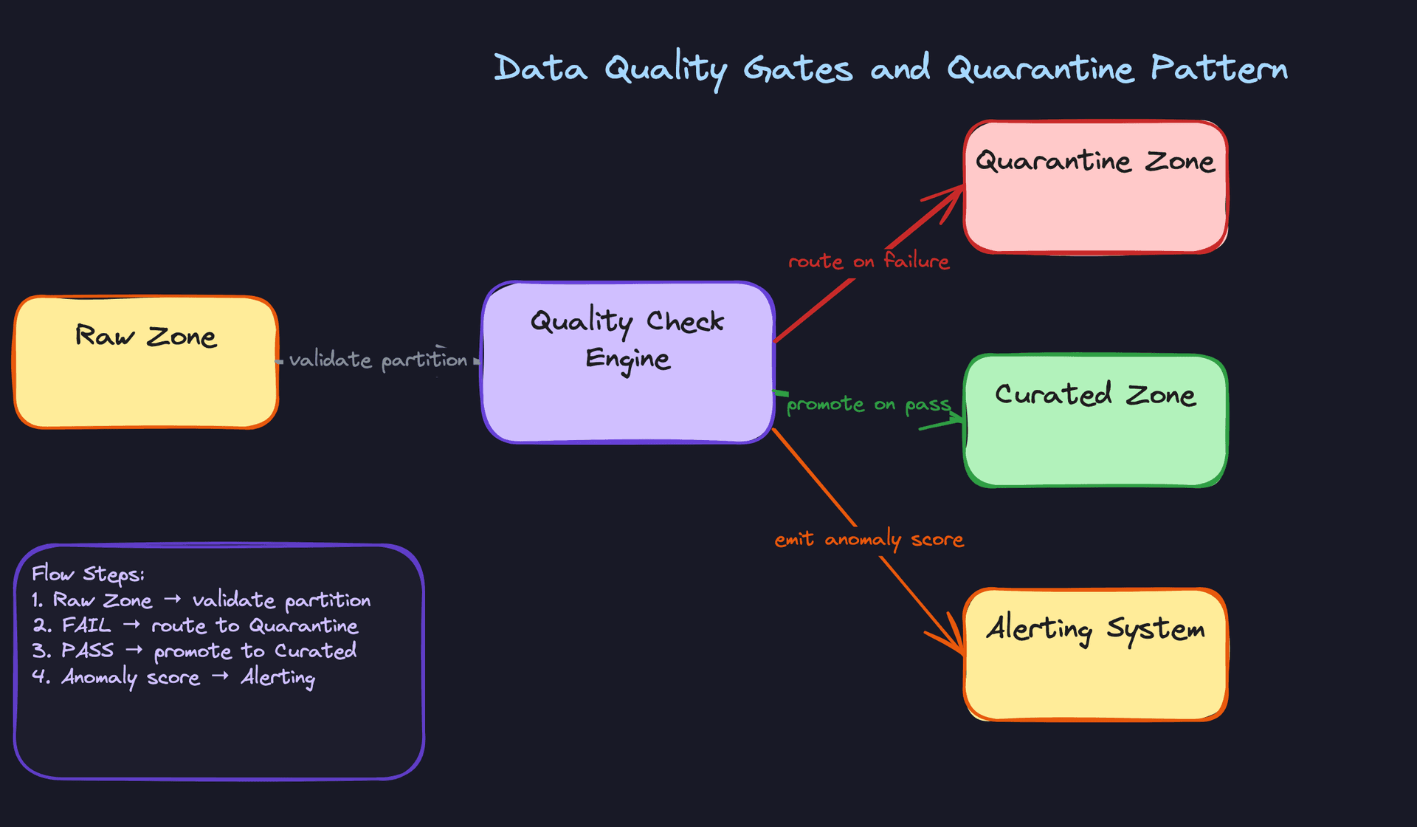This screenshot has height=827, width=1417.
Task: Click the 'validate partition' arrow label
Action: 378,360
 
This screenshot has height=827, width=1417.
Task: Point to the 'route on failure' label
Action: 869,261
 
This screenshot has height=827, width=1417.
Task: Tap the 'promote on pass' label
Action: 869,405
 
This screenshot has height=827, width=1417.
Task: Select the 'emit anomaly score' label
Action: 869,540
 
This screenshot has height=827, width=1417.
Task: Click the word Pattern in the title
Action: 1218,69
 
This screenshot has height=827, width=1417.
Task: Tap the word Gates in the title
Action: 797,69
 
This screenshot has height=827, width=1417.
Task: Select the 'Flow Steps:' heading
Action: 88,574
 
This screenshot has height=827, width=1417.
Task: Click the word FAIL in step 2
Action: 86,625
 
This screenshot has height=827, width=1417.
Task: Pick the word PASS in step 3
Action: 87,651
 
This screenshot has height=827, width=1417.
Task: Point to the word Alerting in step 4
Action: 277,677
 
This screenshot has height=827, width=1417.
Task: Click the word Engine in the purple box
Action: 627,360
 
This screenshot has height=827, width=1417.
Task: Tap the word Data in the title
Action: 540,69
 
